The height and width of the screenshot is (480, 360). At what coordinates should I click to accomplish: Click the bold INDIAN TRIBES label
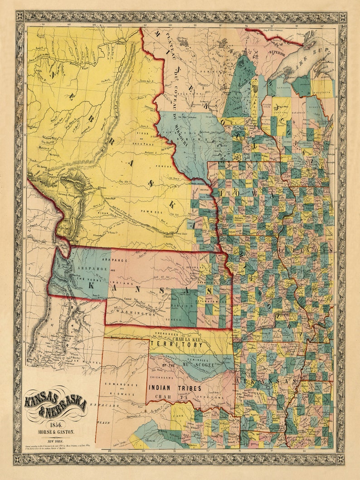coord(170,388)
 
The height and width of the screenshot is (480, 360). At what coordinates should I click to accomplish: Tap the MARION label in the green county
coord(184,306)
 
